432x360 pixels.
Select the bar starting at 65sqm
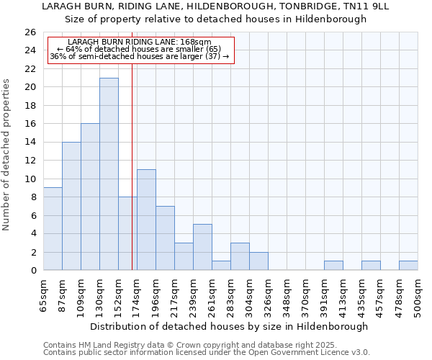point(53,229)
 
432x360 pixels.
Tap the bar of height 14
point(71,206)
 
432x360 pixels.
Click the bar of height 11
point(146,220)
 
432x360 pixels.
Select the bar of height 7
point(165,238)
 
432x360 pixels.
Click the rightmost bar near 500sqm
point(408,266)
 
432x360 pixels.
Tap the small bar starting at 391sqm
point(333,266)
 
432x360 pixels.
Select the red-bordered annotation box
point(141,50)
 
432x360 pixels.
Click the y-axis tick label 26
point(30,32)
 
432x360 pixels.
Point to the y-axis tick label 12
point(30,161)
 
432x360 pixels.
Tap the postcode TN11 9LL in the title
point(362,6)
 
